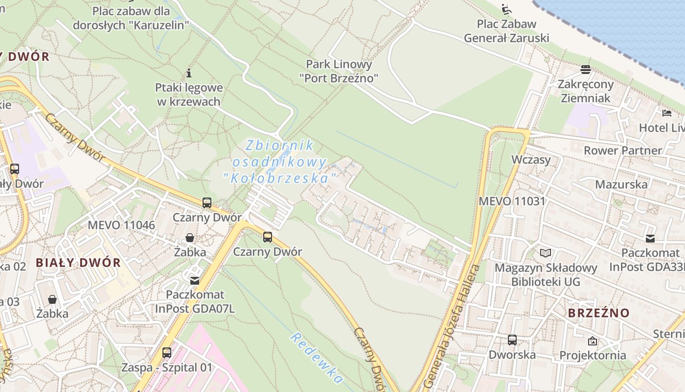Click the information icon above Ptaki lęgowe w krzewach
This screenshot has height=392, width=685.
coord(189,73)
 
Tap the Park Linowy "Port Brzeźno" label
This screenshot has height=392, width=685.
coord(339,71)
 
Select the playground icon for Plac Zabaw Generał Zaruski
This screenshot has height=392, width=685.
coord(506,9)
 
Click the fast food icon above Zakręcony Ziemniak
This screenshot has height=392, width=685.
coord(586,70)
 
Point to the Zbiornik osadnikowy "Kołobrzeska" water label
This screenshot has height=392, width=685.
coord(280,161)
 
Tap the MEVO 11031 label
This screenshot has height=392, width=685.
coord(512,201)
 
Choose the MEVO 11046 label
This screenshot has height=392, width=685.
coord(121,225)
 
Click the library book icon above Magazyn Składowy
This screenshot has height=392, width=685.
coord(546,253)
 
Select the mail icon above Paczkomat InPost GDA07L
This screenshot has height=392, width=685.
coord(195,280)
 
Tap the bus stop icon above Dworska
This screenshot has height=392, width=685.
coord(512,340)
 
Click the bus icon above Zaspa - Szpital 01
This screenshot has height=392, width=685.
coord(167,353)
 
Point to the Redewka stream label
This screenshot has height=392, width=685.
coord(316,358)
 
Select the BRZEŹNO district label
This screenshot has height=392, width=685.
coord(598,313)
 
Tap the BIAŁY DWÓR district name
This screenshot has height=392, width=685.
coord(78,262)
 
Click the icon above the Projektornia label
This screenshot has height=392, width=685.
coord(593,341)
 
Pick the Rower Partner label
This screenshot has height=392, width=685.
coord(622,150)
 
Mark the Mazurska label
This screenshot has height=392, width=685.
coord(621,184)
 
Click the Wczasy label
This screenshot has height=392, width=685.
coord(531,160)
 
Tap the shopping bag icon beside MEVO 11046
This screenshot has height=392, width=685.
coord(189,238)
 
